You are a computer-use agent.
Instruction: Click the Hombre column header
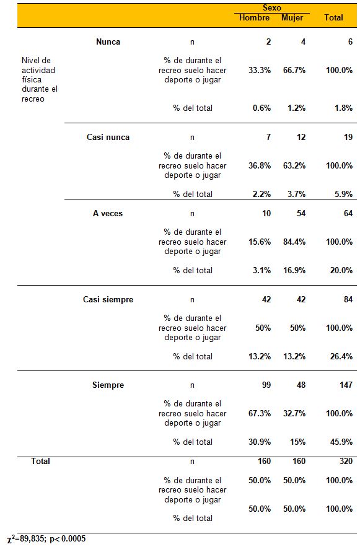click(254, 17)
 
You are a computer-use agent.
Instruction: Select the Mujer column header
click(292, 17)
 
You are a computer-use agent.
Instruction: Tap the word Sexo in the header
click(271, 8)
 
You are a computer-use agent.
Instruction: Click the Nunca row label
click(108, 42)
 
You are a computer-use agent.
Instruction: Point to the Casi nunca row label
click(108, 137)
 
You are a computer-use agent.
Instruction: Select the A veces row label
click(108, 213)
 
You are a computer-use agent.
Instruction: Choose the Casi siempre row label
click(108, 300)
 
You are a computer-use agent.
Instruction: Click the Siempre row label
click(108, 385)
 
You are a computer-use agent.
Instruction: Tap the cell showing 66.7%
click(294, 70)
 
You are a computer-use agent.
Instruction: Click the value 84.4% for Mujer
click(294, 242)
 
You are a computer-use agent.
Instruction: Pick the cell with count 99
click(266, 385)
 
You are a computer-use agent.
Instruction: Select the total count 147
click(346, 385)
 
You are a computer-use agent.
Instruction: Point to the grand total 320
click(346, 461)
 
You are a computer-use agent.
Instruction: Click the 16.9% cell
click(294, 270)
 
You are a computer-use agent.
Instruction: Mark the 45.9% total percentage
click(341, 442)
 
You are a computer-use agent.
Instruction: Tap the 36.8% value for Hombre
click(260, 165)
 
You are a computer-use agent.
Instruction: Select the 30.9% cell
click(260, 442)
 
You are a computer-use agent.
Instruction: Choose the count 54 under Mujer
click(301, 213)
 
